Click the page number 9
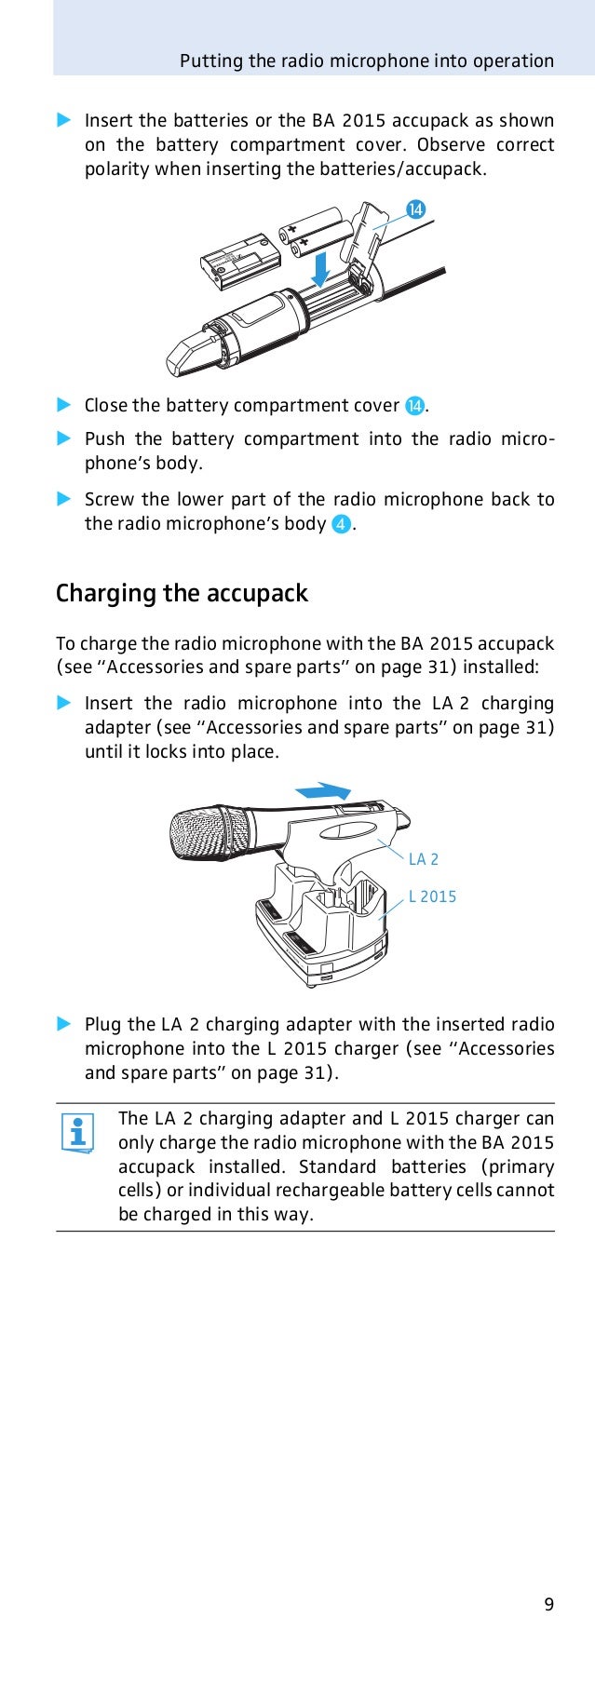548,1630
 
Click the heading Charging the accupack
182,594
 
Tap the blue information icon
77,1133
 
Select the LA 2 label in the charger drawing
424,859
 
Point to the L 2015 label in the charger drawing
433,896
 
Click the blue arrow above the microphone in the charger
322,791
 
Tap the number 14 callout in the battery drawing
414,209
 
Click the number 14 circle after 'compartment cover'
415,406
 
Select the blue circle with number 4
342,524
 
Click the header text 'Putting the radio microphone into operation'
367,61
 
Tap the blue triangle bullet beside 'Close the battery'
63,405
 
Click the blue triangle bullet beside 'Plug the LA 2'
63,1024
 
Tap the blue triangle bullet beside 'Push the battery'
63,438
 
